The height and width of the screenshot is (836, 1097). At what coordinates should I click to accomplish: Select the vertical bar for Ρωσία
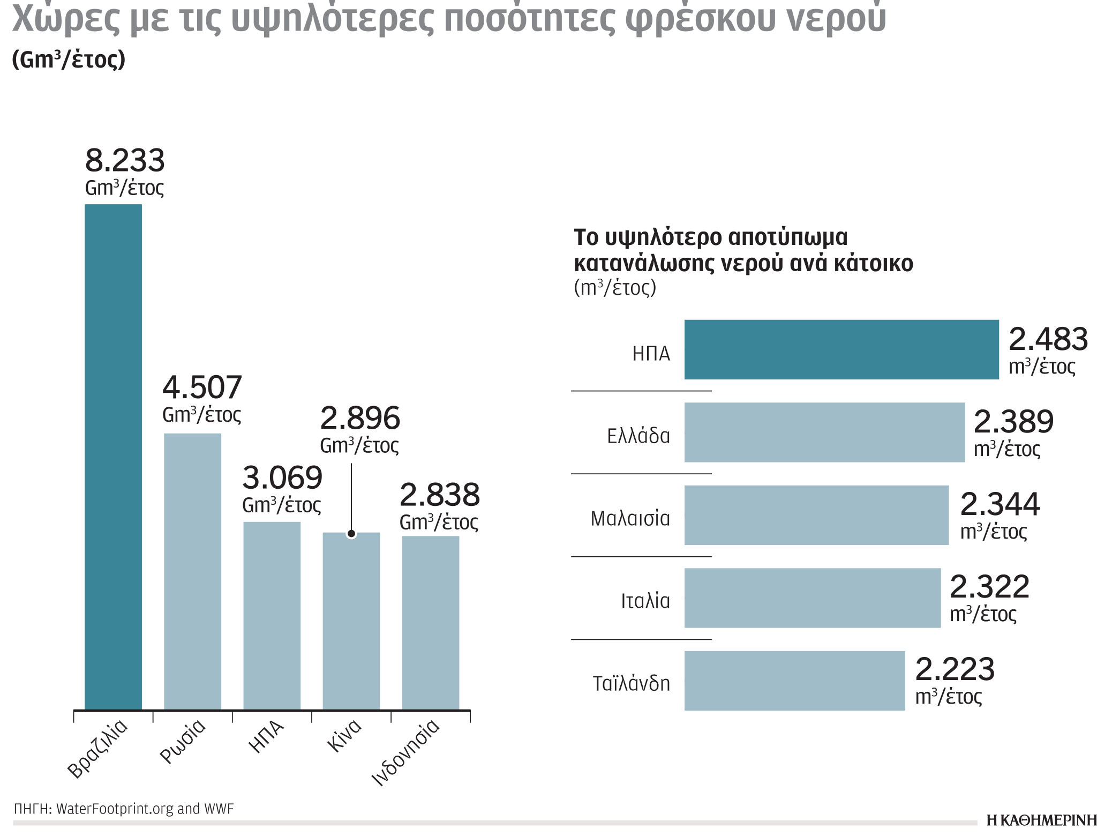[x=192, y=571]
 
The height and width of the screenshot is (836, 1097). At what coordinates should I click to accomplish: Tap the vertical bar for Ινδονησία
[x=430, y=622]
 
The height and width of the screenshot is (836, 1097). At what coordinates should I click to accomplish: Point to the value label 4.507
[x=202, y=387]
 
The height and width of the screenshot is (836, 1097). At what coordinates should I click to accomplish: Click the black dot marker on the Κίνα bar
[x=351, y=533]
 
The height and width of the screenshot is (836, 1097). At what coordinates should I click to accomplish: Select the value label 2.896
[x=359, y=419]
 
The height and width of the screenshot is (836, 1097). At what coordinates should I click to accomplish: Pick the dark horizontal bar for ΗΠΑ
[x=841, y=349]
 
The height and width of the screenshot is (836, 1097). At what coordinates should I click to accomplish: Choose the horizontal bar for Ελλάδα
[x=824, y=432]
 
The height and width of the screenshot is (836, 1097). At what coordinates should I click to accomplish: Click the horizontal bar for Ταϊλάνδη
[x=794, y=681]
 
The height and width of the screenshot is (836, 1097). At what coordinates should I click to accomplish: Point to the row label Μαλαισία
[x=630, y=519]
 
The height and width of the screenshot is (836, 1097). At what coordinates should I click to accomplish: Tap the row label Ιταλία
[x=645, y=601]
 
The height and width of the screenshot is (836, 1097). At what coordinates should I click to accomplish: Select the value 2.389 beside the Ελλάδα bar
[x=1013, y=422]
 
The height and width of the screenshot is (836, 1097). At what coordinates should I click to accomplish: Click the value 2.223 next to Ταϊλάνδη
[x=955, y=669]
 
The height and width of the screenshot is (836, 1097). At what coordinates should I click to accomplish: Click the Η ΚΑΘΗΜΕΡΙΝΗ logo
[x=1041, y=820]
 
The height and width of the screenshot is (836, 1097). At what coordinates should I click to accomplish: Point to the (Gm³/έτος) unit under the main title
[x=69, y=60]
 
